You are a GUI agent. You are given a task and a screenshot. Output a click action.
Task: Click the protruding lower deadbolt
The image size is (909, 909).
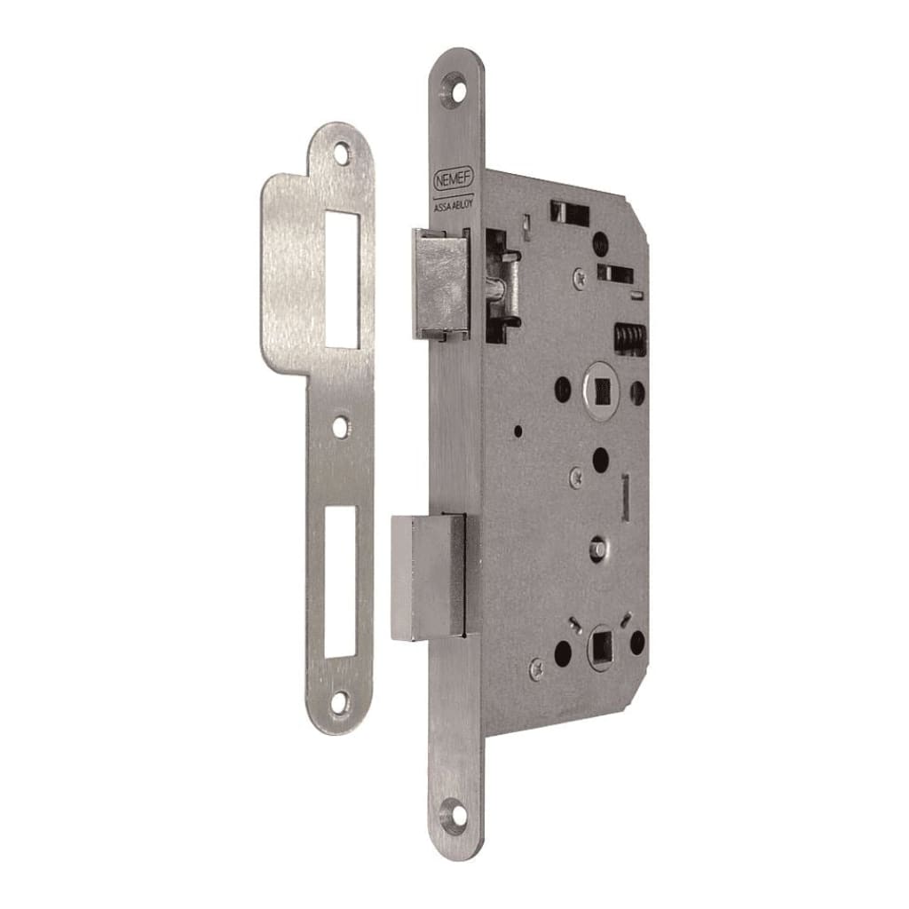pyautogui.click(x=428, y=577)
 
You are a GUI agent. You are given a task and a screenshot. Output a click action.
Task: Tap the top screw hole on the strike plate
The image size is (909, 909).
pyautogui.click(x=342, y=153)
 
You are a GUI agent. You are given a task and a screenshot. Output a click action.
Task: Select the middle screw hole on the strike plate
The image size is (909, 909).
pyautogui.click(x=340, y=426)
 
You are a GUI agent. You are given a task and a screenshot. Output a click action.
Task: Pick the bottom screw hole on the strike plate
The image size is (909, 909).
pyautogui.click(x=340, y=703)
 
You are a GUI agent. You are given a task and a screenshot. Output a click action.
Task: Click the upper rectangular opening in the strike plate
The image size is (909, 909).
pyautogui.click(x=342, y=279)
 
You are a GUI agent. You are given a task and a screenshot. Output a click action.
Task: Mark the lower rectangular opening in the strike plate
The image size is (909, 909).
pyautogui.click(x=340, y=581)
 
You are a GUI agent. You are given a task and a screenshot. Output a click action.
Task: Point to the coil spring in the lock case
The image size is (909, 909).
pyautogui.click(x=629, y=339)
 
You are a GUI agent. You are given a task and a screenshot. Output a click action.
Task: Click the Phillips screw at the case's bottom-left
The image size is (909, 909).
pyautogui.click(x=536, y=668)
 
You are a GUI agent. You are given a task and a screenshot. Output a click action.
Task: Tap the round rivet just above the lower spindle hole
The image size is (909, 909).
pyautogui.click(x=600, y=547)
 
